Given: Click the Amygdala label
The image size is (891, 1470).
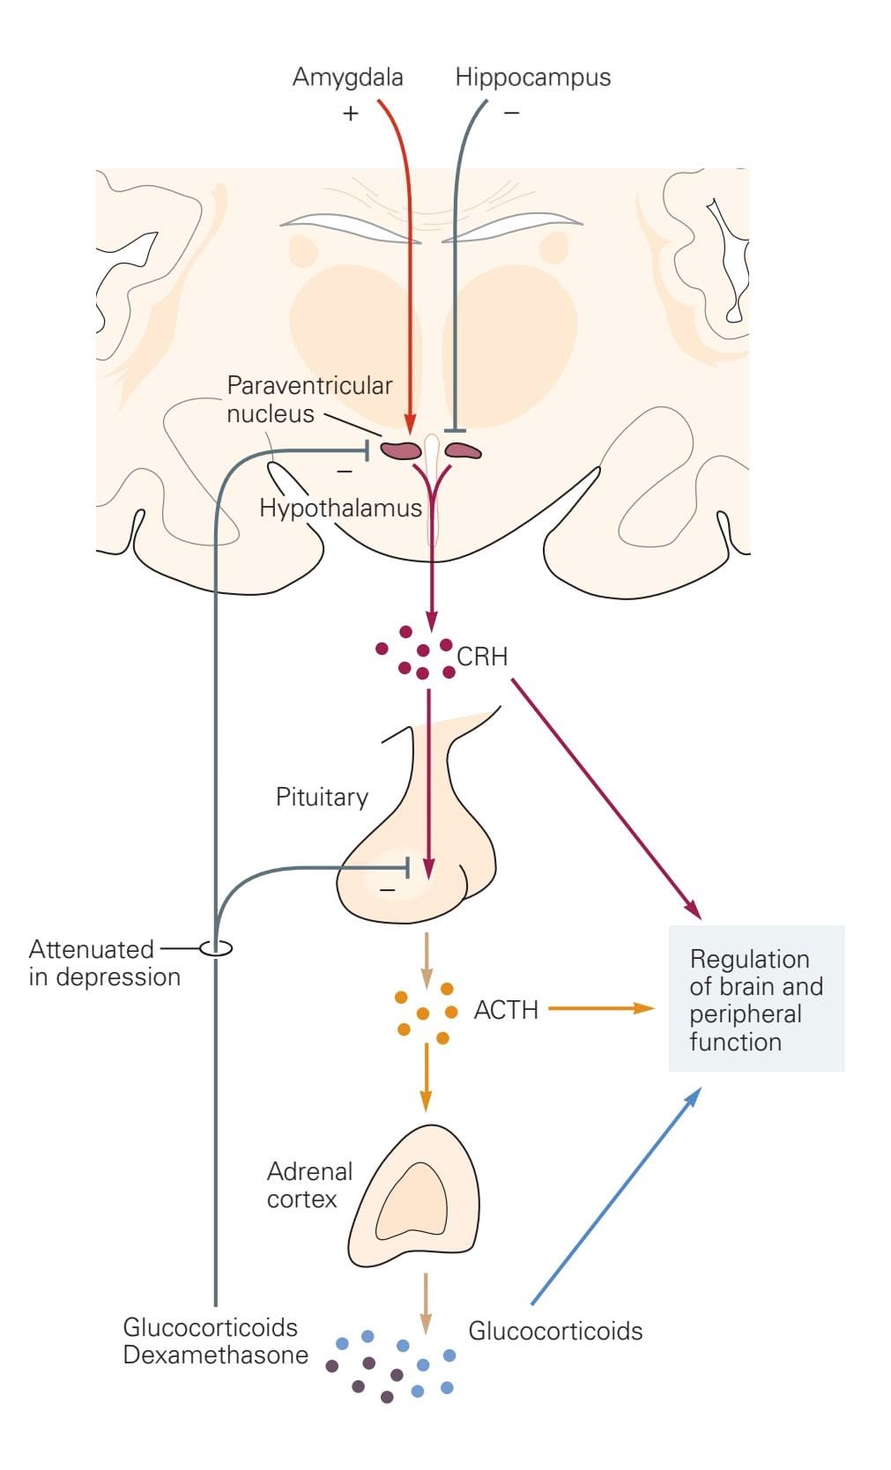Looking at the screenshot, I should tap(347, 78).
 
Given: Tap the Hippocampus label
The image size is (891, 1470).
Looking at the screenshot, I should tap(532, 78).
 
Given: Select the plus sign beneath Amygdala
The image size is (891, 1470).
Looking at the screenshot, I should tap(351, 113).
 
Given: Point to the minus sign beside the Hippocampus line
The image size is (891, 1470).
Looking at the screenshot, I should tap(511, 113).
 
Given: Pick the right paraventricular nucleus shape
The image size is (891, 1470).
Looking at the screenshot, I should tap(463, 451).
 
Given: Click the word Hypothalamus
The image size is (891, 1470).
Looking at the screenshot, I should tap(340, 508).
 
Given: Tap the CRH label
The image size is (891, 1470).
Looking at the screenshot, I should tap(482, 657).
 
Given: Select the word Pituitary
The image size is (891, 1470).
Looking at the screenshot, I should tap(322, 797).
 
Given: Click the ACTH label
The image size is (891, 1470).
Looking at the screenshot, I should tap(506, 1009).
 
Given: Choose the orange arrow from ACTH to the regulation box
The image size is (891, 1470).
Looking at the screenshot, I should tap(599, 1008).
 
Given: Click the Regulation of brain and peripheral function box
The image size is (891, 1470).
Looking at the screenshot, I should tap(756, 999).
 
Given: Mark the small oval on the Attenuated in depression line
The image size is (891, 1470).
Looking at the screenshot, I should tap(216, 948).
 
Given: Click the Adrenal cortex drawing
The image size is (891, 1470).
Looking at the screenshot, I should tap(415, 1198).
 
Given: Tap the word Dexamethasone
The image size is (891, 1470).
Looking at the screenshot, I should tap(216, 1355).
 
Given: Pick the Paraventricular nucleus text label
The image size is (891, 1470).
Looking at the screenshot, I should tap(308, 399).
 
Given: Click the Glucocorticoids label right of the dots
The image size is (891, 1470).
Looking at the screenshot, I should tap(555, 1331).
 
